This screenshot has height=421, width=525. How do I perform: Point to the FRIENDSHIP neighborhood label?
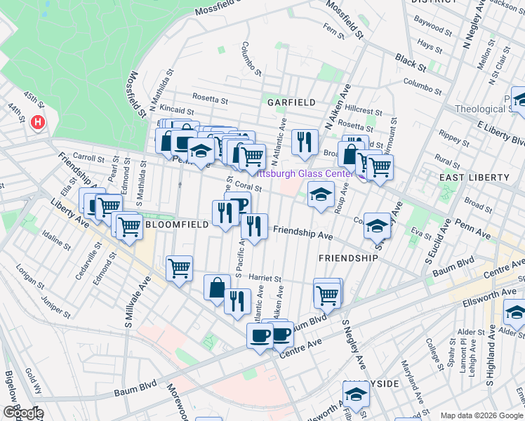click(348, 258)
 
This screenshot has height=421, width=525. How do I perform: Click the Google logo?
click(22, 413)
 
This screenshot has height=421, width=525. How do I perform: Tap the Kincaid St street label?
click(176, 111)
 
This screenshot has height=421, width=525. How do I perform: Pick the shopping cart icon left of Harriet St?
click(180, 267)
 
